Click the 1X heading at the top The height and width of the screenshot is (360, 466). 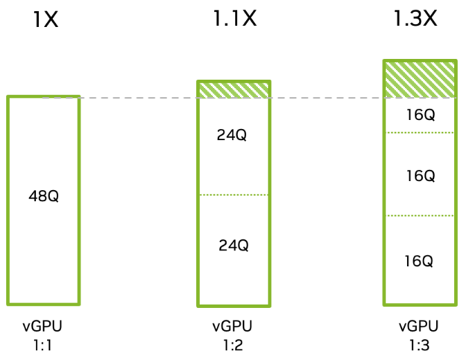45,20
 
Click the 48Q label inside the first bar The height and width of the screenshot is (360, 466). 43,197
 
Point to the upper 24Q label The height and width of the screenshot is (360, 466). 233,136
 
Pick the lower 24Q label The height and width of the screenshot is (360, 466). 233,244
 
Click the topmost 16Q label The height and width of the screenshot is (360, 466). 419,115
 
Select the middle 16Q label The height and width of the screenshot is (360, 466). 419,175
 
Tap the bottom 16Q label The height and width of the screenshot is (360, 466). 419,261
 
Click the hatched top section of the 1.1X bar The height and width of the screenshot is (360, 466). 233,89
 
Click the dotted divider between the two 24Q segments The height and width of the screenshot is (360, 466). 233,195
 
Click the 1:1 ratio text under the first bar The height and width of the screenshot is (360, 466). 43,345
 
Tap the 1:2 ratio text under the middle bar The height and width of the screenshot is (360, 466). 233,345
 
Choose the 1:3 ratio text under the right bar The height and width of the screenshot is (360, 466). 418,345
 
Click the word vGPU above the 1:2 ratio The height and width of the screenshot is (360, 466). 233,327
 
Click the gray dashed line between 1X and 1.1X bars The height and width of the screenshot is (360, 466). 138,98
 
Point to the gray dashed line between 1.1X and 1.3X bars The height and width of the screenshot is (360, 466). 327,98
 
